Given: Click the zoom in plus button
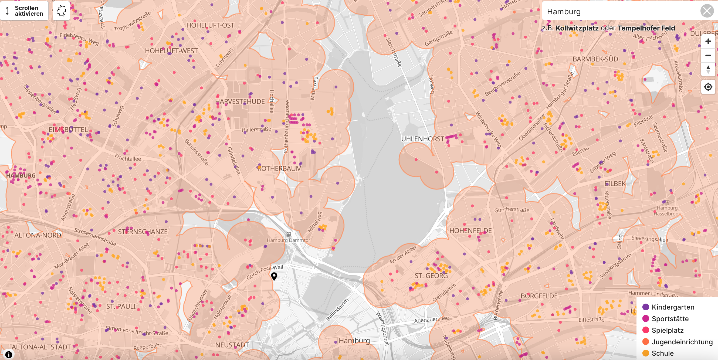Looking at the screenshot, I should point(708,42).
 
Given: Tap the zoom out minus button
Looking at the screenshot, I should point(708,55).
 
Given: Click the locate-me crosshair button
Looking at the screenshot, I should point(708,87).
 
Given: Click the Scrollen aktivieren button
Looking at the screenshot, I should point(24,11).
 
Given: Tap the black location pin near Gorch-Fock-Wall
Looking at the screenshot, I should point(274,276).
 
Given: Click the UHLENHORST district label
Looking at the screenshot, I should point(422,139).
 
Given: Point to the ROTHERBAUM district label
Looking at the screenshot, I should point(279,169).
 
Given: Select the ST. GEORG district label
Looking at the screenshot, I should point(431,276).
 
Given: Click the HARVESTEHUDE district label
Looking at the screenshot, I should point(240,101).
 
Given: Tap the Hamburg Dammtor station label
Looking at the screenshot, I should point(288,240).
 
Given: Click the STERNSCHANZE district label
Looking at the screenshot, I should point(143,232).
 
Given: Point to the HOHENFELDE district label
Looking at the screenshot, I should point(470,231).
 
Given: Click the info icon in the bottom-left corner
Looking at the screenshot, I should point(9,354).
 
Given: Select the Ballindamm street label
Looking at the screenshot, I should point(337,310).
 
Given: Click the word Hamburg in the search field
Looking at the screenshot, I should point(564,11).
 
